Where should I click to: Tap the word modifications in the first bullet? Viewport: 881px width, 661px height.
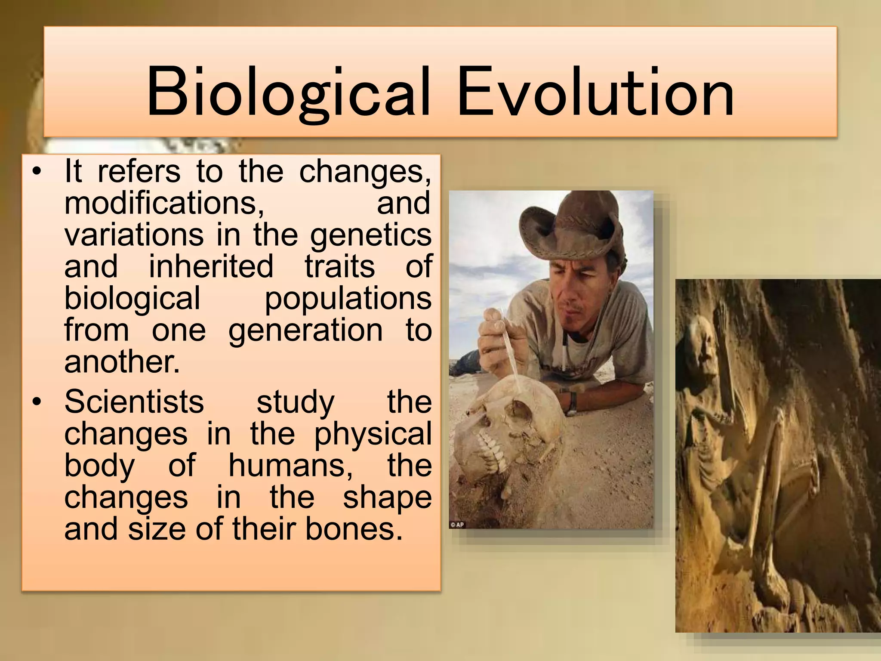(x=164, y=203)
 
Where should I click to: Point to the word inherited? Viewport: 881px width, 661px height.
(x=211, y=266)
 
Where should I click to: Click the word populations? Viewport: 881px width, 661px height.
(x=348, y=299)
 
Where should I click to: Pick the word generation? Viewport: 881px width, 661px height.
(x=305, y=330)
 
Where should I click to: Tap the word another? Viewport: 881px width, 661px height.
(x=122, y=362)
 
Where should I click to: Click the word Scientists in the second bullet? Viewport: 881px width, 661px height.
(x=134, y=402)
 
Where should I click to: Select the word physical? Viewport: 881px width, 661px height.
(x=373, y=434)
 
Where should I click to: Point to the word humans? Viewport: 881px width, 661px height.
(x=290, y=465)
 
